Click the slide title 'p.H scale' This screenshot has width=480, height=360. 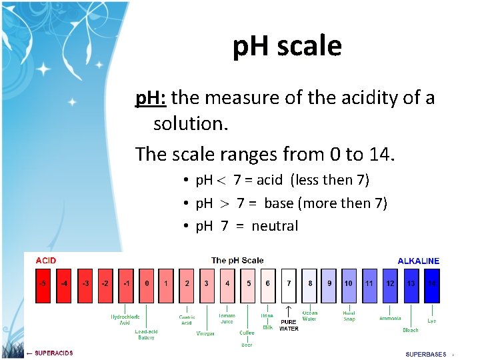click(x=287, y=46)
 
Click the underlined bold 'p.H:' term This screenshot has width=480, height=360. click(x=151, y=99)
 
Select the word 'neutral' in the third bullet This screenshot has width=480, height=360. click(x=275, y=226)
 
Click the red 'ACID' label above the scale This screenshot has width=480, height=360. click(x=46, y=261)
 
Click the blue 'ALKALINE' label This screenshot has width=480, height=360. click(x=418, y=261)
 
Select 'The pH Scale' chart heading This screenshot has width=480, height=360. click(x=237, y=261)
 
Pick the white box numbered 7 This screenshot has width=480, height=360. click(x=288, y=283)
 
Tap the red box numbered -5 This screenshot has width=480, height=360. click(x=43, y=283)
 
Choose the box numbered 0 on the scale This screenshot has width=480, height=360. click(x=147, y=283)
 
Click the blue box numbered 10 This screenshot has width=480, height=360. click(x=348, y=283)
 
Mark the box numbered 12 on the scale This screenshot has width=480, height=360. click(x=390, y=283)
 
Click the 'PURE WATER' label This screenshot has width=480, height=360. click(x=289, y=325)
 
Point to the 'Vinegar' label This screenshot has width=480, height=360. click(x=205, y=333)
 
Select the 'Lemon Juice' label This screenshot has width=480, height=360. click(x=227, y=319)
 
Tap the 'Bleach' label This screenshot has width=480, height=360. click(x=411, y=330)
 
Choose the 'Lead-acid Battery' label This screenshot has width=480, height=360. click(x=145, y=335)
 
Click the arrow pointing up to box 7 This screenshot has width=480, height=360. click(x=288, y=311)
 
